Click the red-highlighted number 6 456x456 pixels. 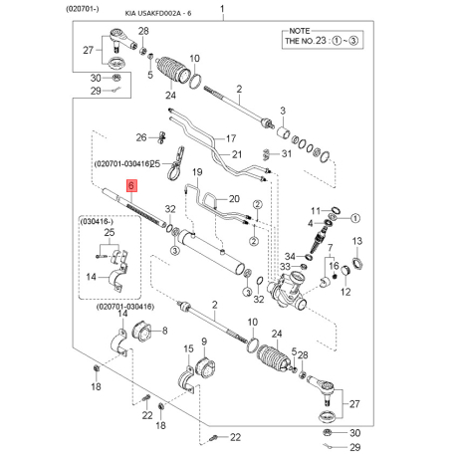[129, 186]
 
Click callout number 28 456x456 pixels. [143, 33]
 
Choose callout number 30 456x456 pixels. [95, 78]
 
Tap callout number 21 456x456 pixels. [237, 153]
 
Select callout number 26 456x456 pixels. [141, 136]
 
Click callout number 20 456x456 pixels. [235, 199]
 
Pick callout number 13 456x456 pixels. [357, 242]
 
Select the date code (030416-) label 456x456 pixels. [102, 221]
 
